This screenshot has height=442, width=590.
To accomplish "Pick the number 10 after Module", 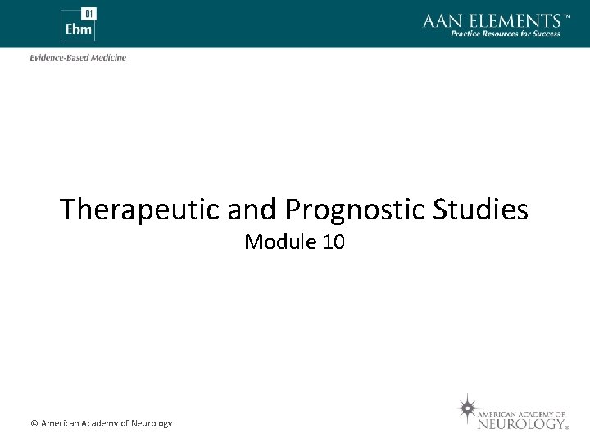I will click(x=333, y=242).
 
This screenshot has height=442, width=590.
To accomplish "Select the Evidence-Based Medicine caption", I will click(x=78, y=57).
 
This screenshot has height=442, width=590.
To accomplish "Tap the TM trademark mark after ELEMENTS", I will click(x=566, y=16).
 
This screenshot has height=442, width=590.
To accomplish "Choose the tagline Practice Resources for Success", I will click(x=506, y=34).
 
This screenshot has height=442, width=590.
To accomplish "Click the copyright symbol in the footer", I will click(x=34, y=423).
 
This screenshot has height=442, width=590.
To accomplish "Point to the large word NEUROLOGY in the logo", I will click(x=521, y=424).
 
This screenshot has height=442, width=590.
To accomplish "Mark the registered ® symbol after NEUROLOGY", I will click(x=567, y=427).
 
